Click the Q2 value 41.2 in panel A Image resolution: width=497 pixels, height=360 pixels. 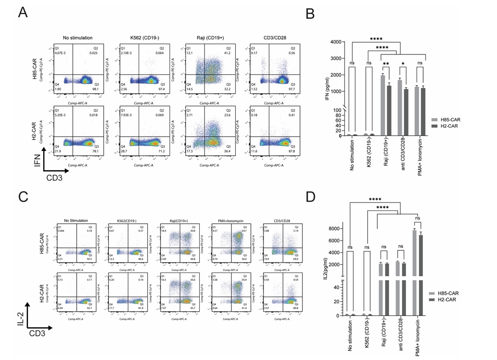(228, 53)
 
